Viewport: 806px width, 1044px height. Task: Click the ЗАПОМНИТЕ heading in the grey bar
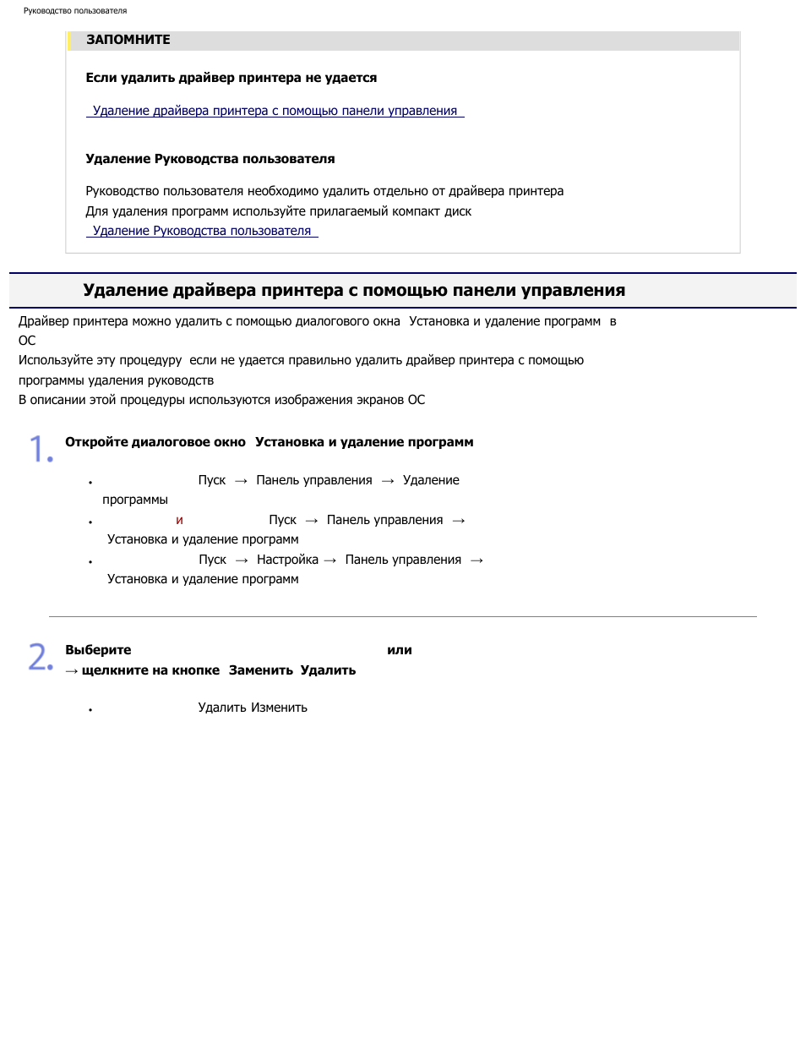(x=128, y=40)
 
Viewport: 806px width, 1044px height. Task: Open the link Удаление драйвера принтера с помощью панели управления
(x=275, y=111)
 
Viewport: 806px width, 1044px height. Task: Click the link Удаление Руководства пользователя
(x=202, y=231)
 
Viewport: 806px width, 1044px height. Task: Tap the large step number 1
(x=41, y=449)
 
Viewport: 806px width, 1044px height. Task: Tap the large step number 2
(x=41, y=657)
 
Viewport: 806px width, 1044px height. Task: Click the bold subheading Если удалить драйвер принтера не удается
(x=231, y=78)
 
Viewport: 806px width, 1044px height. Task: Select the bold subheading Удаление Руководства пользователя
(x=210, y=159)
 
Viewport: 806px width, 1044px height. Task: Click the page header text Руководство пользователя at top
(x=75, y=11)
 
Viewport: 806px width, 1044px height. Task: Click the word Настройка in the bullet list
(x=287, y=560)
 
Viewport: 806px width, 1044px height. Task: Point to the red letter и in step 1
(x=179, y=520)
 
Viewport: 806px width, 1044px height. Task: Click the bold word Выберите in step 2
(x=98, y=650)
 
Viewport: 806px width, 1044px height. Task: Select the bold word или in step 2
(x=399, y=650)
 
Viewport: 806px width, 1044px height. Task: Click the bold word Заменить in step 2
(x=260, y=670)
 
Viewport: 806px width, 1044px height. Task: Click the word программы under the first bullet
(x=135, y=500)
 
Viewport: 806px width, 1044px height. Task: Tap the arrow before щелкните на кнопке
(x=72, y=671)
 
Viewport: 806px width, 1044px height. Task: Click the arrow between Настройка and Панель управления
(x=330, y=560)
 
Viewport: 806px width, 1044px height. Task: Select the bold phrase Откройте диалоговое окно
(x=155, y=442)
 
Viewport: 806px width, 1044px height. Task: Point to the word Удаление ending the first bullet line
(x=431, y=480)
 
